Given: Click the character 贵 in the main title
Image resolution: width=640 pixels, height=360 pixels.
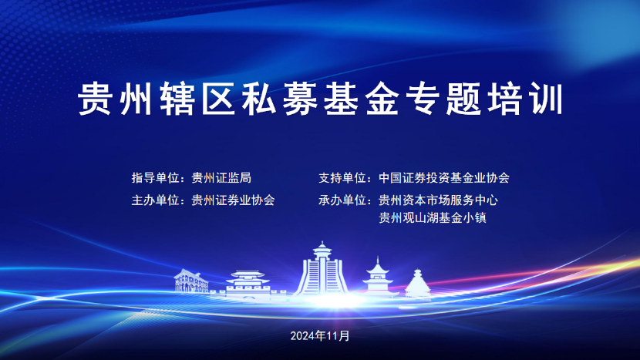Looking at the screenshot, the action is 95,99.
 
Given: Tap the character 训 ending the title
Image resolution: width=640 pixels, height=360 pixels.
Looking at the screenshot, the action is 546,99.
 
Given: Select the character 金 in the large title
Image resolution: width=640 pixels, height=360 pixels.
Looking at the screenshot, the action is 382,99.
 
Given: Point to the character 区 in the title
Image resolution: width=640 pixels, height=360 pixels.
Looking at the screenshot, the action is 218,99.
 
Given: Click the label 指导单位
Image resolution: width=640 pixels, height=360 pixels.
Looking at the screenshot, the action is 156,178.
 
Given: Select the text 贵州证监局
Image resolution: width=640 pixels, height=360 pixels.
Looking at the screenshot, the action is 221,178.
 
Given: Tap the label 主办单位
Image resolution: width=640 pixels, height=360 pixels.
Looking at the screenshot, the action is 156,200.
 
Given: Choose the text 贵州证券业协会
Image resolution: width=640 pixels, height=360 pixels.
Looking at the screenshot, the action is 234,200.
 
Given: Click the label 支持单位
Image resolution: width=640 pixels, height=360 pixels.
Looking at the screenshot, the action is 342,178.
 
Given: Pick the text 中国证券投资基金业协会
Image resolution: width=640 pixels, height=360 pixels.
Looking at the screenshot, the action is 444,178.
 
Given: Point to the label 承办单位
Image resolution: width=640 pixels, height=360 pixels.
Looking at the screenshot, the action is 342,200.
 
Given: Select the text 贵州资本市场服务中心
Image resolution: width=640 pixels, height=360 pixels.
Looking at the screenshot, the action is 439,200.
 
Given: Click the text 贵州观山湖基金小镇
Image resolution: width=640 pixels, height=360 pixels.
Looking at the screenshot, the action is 433,217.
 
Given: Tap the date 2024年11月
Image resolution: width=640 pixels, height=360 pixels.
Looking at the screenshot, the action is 320,336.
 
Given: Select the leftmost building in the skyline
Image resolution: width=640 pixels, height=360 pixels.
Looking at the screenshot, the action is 191,281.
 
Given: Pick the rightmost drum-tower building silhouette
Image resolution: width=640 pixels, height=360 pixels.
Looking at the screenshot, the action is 418,283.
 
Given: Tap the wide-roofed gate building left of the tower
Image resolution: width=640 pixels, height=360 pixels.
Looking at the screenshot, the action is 248,282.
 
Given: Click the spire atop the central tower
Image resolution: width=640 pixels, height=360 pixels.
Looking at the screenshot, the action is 322,245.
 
